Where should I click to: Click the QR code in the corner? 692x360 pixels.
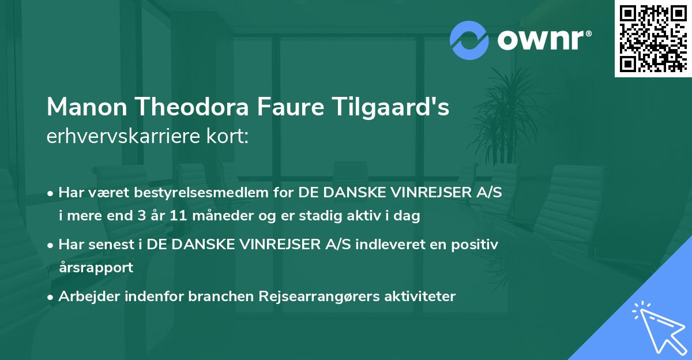point(653,39)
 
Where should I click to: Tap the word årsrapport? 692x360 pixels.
point(96,267)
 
